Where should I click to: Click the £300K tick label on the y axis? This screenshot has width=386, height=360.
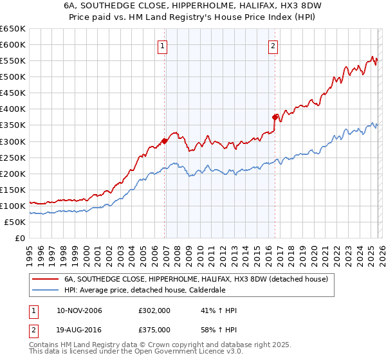click(12, 141)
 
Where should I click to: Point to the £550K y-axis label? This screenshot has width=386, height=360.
click(12, 61)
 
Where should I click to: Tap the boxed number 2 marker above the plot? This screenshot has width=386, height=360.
click(273, 46)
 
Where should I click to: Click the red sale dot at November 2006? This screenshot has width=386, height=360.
click(165, 141)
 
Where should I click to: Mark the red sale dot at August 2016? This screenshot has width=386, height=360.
click(275, 117)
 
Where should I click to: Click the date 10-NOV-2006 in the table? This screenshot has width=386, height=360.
click(79, 310)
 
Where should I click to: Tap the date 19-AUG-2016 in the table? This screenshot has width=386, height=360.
click(79, 329)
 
